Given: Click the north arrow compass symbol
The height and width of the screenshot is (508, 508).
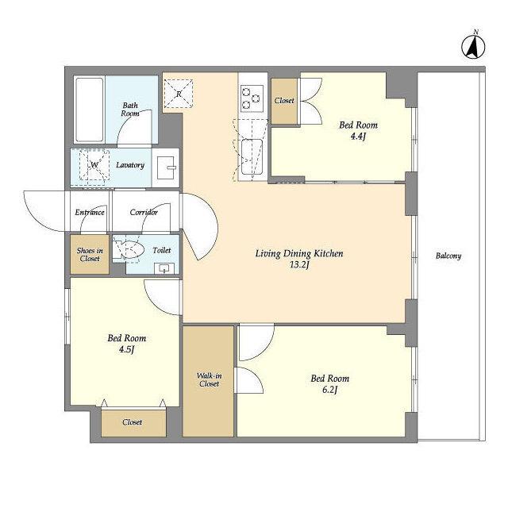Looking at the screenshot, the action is pyautogui.click(x=473, y=46).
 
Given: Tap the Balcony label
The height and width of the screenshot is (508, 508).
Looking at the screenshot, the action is pyautogui.click(x=448, y=256).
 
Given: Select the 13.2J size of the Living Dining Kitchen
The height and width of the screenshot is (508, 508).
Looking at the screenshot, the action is pyautogui.click(x=299, y=265).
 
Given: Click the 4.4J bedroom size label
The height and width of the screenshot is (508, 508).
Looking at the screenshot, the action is pyautogui.click(x=358, y=137).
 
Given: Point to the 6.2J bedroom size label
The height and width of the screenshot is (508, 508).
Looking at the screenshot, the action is pyautogui.click(x=330, y=390).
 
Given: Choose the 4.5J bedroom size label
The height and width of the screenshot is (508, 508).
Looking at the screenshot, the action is pyautogui.click(x=127, y=349).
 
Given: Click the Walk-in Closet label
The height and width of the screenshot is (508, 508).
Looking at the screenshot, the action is pyautogui.click(x=210, y=379).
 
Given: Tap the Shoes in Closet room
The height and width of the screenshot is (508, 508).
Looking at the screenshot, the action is pyautogui.click(x=90, y=255).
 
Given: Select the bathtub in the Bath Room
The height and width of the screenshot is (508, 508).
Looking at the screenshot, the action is pyautogui.click(x=89, y=110).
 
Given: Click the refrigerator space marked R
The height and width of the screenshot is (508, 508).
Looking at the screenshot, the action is pyautogui.click(x=179, y=94).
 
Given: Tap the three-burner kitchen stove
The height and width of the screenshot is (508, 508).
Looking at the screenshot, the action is pyautogui.click(x=252, y=97).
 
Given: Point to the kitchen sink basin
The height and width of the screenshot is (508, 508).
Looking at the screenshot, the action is pyautogui.click(x=252, y=157).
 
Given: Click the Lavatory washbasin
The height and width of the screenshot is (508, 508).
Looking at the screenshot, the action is pyautogui.click(x=166, y=167).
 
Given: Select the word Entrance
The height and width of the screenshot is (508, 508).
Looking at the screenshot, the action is pyautogui.click(x=90, y=213).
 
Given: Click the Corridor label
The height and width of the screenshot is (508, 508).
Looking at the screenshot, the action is pyautogui.click(x=144, y=213).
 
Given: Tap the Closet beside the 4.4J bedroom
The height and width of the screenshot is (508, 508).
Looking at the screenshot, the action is pyautogui.click(x=284, y=101).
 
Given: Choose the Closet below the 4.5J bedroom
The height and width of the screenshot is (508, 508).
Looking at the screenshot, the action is pyautogui.click(x=133, y=423).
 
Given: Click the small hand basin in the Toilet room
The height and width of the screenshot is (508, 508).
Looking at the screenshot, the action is pyautogui.click(x=164, y=268).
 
